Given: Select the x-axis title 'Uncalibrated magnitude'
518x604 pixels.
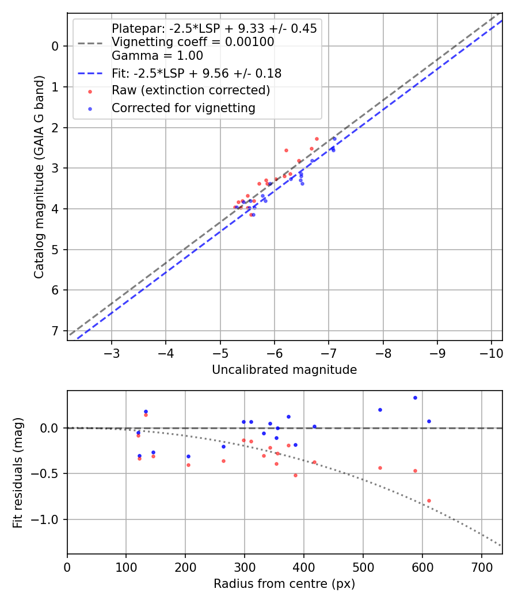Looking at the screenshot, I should pyautogui.click(x=284, y=370).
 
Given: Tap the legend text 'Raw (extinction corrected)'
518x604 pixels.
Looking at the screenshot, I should pyautogui.click(x=191, y=90).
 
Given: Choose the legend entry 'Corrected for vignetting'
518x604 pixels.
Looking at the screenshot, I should pyautogui.click(x=183, y=108).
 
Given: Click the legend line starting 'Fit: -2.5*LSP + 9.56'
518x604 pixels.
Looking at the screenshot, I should pyautogui.click(x=196, y=74).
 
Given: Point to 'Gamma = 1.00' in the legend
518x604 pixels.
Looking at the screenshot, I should pyautogui.click(x=157, y=56).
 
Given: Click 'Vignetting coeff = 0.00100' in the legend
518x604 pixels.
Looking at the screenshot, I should pyautogui.click(x=192, y=42).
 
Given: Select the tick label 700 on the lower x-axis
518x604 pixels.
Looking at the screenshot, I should pyautogui.click(x=422, y=566).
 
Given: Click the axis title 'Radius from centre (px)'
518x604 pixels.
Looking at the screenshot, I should pyautogui.click(x=284, y=584).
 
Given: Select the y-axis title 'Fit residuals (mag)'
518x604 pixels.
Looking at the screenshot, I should pyautogui.click(x=18, y=473).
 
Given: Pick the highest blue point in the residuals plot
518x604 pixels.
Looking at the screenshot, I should pyautogui.click(x=415, y=397).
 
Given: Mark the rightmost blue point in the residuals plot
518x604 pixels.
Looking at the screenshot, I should pyautogui.click(x=429, y=421).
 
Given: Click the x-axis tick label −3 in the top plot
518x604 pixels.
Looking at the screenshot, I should pyautogui.click(x=112, y=352).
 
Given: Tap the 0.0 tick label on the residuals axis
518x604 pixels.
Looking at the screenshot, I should pyautogui.click(x=50, y=428).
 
